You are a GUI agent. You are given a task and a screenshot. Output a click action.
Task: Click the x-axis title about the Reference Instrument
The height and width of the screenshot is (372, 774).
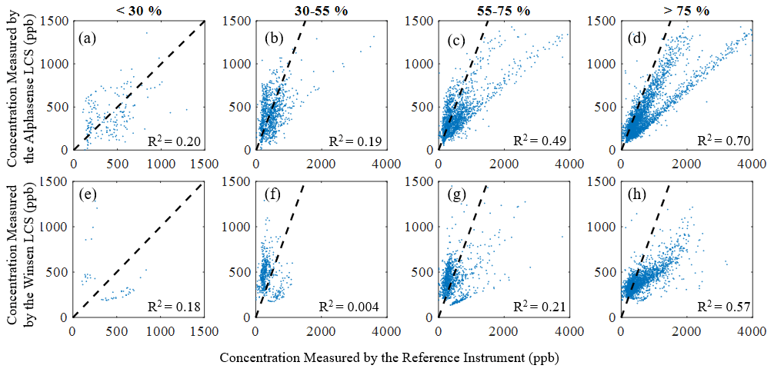(388, 358)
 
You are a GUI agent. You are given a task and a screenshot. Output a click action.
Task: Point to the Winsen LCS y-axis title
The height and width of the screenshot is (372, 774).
(22, 251)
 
